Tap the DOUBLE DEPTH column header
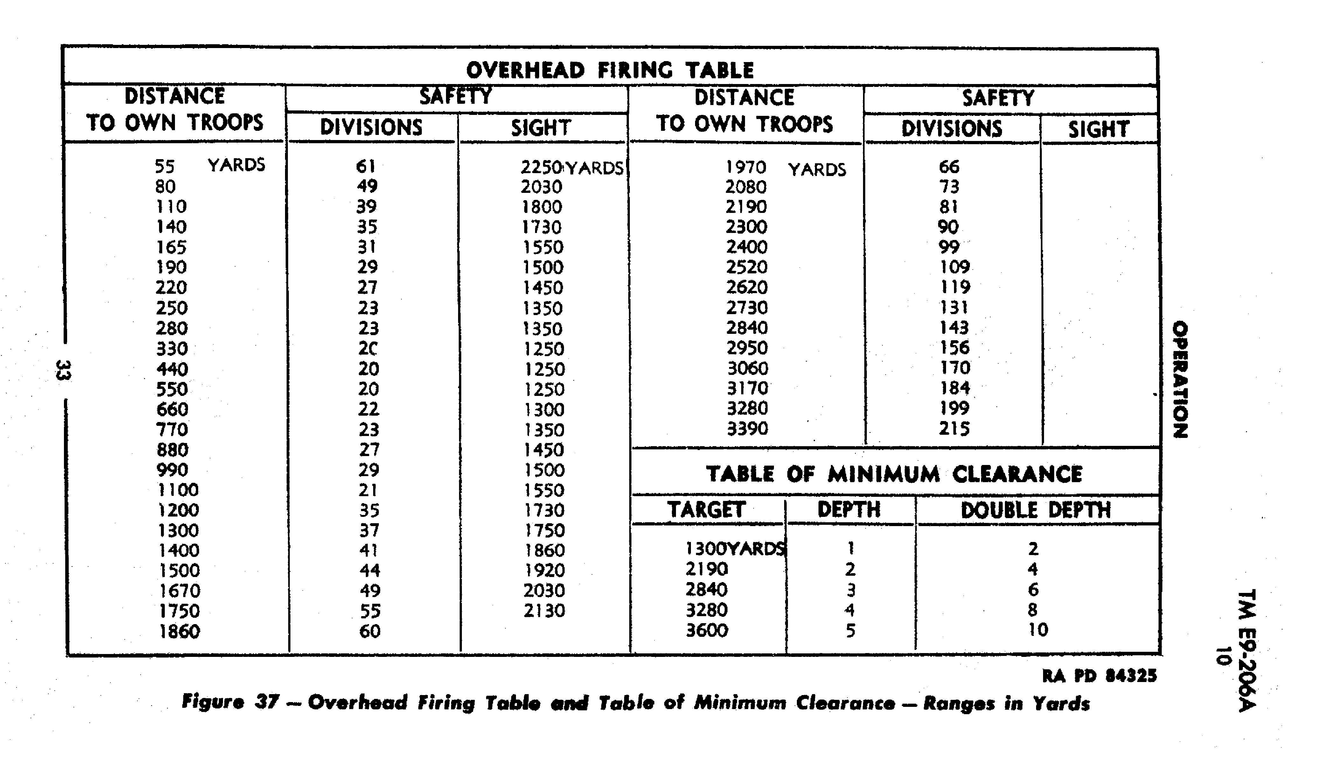click(x=1036, y=510)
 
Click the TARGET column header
click(x=706, y=510)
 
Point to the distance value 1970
click(x=746, y=167)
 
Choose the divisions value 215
click(x=954, y=428)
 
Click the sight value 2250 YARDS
click(x=571, y=167)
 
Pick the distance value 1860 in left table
click(x=179, y=631)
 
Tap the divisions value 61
click(x=366, y=166)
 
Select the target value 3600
click(x=707, y=630)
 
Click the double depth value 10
click(x=1038, y=630)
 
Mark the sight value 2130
click(x=544, y=610)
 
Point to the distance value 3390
click(x=747, y=428)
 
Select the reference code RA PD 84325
click(x=1099, y=675)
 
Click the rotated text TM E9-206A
click(x=1247, y=651)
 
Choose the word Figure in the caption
click(x=213, y=702)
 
